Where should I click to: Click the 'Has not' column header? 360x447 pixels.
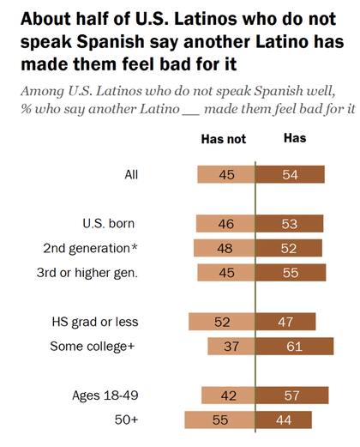223,139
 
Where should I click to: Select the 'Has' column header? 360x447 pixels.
294,138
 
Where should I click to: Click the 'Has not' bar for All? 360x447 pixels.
225,174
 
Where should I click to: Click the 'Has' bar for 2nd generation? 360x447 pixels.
289,248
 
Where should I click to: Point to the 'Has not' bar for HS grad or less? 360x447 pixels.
221,322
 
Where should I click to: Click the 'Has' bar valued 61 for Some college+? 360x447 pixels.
295,346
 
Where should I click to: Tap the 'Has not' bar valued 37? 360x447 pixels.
231,346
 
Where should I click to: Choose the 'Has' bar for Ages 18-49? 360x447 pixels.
292,396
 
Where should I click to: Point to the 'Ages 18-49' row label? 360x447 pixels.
105,396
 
